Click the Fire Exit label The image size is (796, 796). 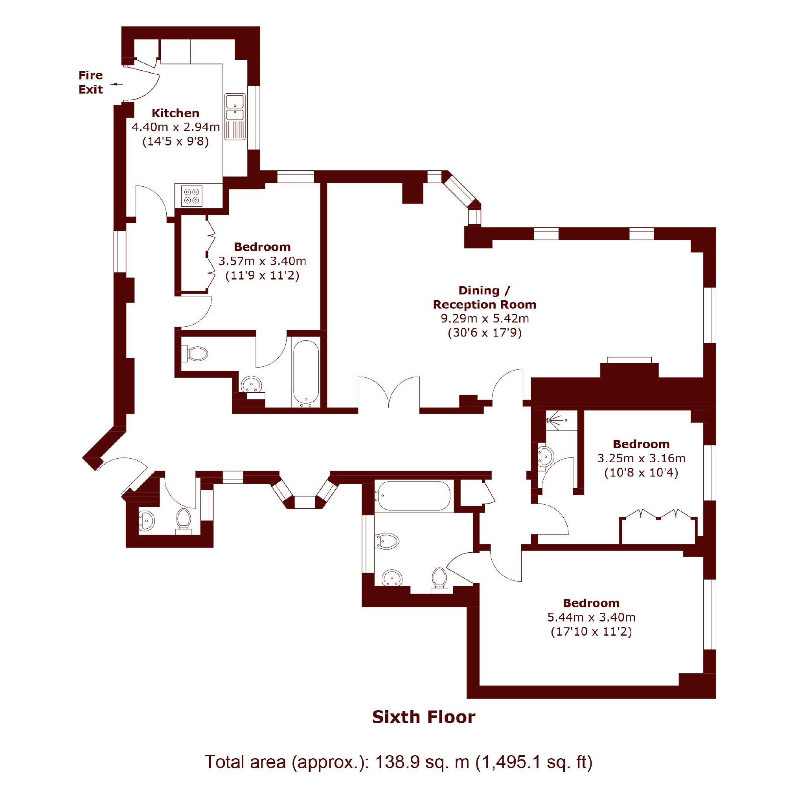click(x=91, y=83)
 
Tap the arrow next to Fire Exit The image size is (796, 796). click(x=117, y=84)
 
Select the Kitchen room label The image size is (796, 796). click(x=176, y=113)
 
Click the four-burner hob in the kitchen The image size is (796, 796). click(x=191, y=196)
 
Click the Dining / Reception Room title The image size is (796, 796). click(x=485, y=298)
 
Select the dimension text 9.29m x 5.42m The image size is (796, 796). click(x=485, y=318)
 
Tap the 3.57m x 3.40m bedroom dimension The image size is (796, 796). click(x=263, y=261)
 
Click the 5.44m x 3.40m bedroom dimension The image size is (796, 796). click(x=591, y=617)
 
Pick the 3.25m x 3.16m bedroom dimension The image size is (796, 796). click(x=642, y=458)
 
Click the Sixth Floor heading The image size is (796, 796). click(x=423, y=717)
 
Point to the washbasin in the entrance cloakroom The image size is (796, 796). click(x=146, y=521)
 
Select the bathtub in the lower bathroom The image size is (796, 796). click(x=413, y=496)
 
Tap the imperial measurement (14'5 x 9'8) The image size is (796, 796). click(x=176, y=142)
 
